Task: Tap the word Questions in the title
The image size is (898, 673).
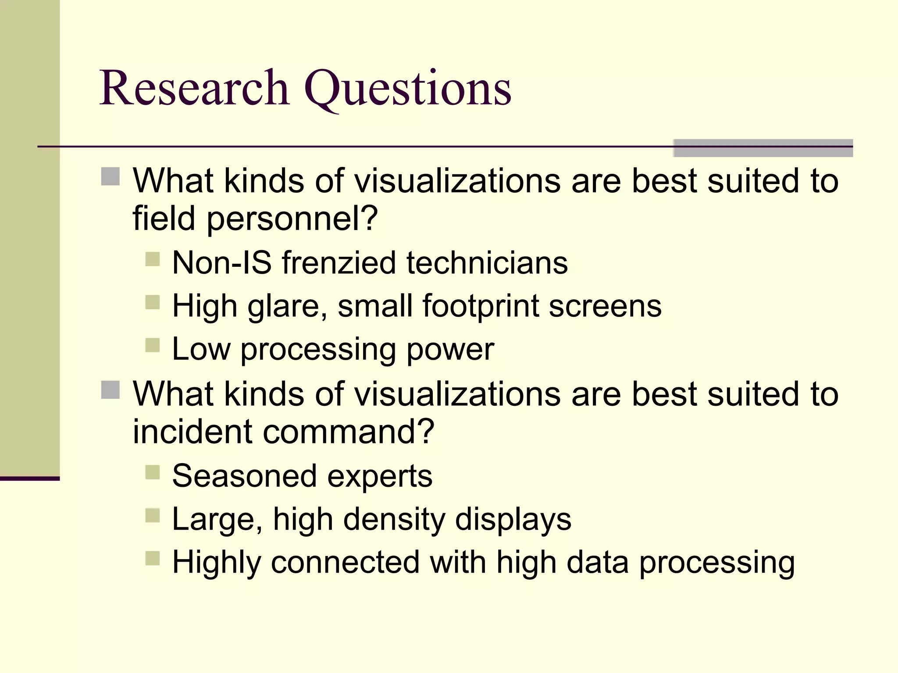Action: (x=408, y=90)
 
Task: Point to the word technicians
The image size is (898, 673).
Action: (x=487, y=263)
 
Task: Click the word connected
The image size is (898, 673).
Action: (x=345, y=562)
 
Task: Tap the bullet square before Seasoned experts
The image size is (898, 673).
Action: (x=152, y=473)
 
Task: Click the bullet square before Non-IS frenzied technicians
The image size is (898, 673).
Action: (x=152, y=259)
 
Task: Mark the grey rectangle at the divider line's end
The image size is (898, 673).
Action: (x=763, y=148)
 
